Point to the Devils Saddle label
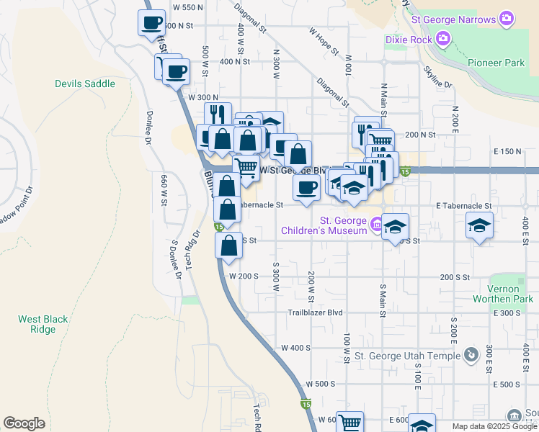point(85,84)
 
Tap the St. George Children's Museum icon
point(376,225)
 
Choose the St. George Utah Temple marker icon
point(471,355)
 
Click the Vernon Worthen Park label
point(511,293)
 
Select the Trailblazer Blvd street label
point(315,312)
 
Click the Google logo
point(24,423)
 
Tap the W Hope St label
point(324,42)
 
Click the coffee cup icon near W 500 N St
point(151,22)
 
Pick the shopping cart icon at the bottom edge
point(349,423)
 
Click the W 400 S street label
point(298,347)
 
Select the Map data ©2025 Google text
point(494,426)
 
